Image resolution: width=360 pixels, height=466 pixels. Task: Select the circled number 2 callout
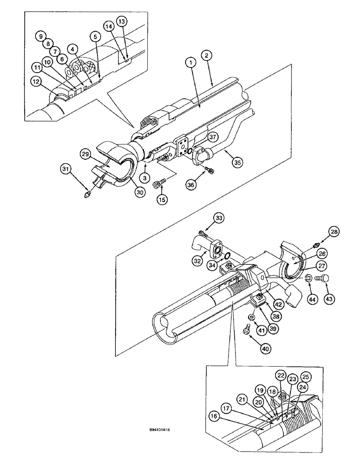207,55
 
